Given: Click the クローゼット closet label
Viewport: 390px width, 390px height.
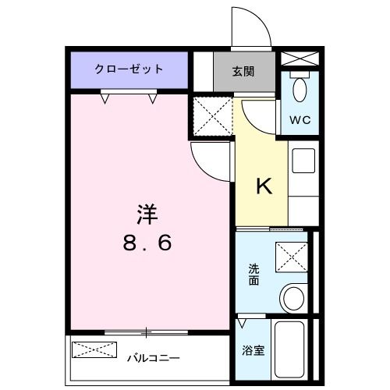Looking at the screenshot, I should point(129,69).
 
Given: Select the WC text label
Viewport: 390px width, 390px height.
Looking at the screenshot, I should point(300,120).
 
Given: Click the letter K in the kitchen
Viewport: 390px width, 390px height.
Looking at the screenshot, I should point(264,187).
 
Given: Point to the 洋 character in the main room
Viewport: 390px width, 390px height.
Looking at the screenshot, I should point(145,212).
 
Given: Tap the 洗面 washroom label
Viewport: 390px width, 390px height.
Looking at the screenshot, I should point(254,275).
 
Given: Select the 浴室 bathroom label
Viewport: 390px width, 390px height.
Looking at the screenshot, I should point(254,350).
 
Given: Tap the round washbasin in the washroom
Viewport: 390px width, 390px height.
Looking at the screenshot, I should point(294,298).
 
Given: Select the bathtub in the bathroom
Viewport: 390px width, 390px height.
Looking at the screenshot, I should point(293,349).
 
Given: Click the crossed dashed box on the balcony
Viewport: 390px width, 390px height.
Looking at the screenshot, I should point(94,349).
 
